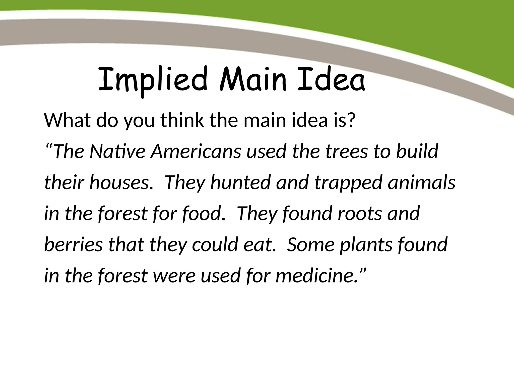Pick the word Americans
pos(196,152)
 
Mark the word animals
pos(422,183)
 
